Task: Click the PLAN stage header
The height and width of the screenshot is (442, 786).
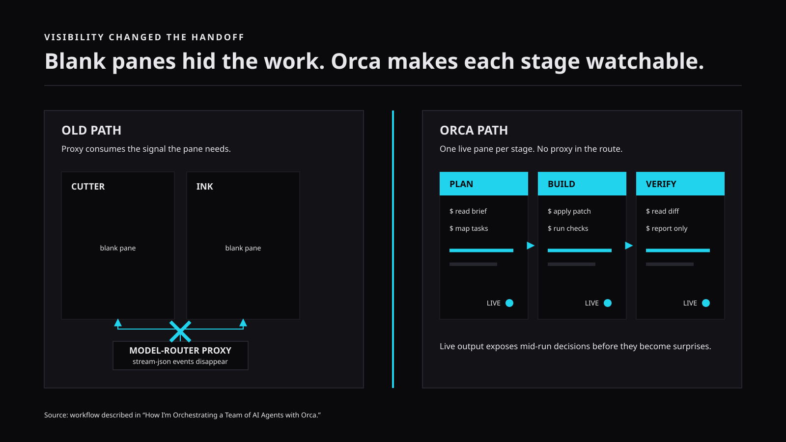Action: pos(483,184)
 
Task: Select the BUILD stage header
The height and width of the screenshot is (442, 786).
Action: pos(582,184)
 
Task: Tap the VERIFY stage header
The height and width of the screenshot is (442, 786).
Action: pos(680,184)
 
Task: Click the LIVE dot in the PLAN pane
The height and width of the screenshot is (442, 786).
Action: pos(509,303)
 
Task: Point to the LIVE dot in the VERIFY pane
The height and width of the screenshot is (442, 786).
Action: pos(705,303)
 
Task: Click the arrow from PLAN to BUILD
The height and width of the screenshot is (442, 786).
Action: pos(531,246)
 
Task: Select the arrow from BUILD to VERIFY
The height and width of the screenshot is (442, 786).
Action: pos(629,246)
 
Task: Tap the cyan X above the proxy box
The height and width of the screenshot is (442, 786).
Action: pos(180,331)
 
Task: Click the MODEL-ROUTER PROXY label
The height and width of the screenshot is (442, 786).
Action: pos(180,351)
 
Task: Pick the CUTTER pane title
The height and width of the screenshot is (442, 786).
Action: pos(88,186)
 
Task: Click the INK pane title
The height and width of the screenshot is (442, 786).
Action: pos(204,186)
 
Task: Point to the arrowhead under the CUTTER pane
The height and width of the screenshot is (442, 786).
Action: pos(118,323)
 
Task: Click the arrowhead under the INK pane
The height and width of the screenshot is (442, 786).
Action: pos(243,323)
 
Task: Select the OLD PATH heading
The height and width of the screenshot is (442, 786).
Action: pos(91,130)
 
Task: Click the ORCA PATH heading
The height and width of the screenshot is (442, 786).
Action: pos(474,130)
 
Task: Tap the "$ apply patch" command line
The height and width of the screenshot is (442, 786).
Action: pos(569,211)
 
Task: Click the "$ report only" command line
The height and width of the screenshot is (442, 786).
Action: pos(667,228)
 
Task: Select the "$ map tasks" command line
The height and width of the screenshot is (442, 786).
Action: pos(469,228)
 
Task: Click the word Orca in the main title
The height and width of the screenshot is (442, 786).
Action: pos(356,61)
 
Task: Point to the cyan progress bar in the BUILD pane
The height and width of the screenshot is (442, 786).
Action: pos(580,250)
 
